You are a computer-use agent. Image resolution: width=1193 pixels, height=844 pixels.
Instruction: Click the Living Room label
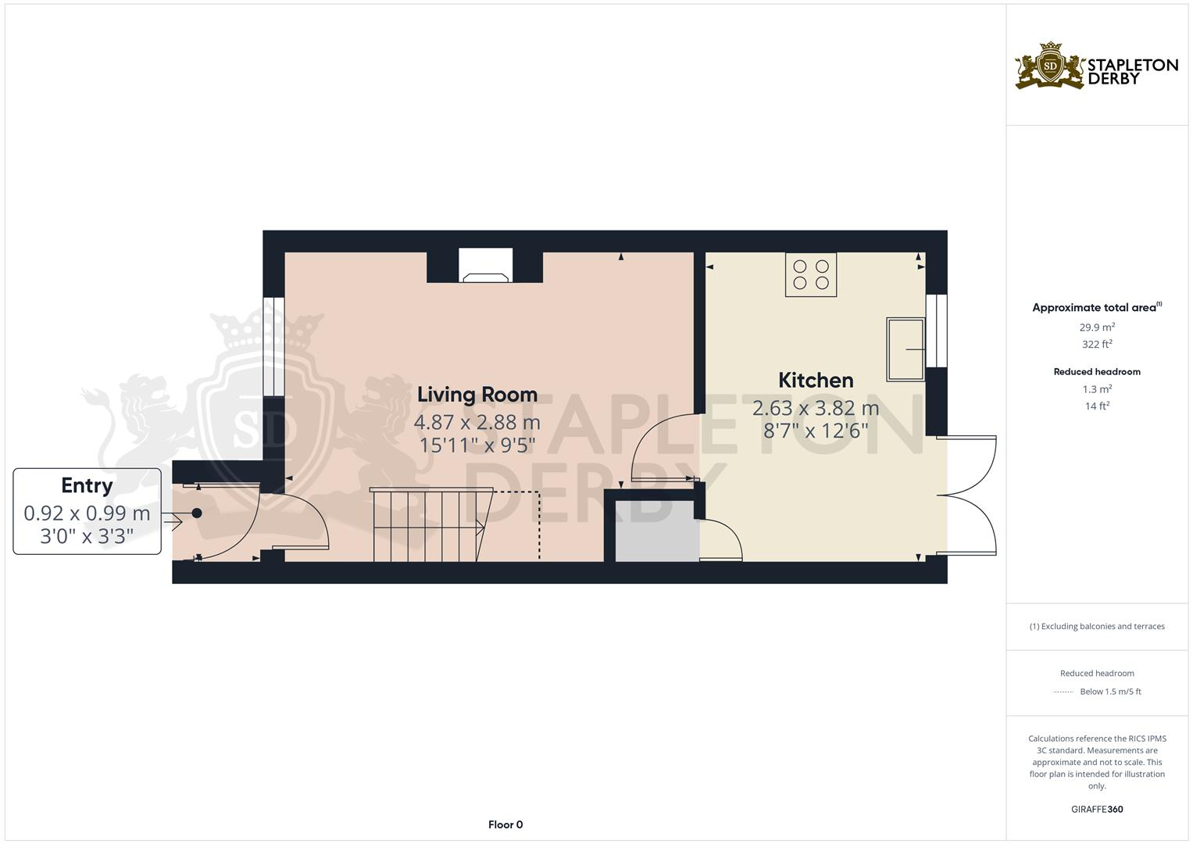point(477,394)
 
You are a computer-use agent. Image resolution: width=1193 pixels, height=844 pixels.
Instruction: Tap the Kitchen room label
point(816,380)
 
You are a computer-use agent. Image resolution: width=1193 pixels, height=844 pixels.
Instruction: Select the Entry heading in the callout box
point(87,485)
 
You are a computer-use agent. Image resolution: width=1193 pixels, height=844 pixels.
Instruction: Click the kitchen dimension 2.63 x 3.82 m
point(816,408)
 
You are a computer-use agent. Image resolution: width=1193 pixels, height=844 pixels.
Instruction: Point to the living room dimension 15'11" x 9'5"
point(477,445)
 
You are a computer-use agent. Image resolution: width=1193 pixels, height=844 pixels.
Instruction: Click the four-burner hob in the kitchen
point(811,274)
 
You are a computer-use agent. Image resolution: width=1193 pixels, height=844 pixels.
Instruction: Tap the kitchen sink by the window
point(905,349)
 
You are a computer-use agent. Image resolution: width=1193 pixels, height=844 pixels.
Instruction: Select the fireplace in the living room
point(485,266)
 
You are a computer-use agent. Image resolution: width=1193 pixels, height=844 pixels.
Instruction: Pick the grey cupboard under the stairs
point(656,531)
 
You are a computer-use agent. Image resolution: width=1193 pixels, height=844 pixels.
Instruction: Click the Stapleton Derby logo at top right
point(1096,66)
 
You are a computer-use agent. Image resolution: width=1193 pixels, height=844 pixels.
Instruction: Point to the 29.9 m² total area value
point(1097,327)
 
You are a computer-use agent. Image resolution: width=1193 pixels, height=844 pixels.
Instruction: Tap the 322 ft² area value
point(1097,345)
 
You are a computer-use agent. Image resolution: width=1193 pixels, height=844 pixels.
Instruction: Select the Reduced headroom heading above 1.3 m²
point(1097,372)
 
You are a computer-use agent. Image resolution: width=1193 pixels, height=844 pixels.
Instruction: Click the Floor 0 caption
point(505,824)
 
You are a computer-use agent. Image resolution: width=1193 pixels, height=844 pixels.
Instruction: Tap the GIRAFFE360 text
point(1097,810)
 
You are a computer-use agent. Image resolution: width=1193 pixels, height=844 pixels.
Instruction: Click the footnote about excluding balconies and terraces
point(1097,626)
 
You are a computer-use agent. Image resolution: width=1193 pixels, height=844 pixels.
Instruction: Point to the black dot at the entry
point(197,513)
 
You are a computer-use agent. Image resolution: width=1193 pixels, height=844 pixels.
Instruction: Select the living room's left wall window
point(273,347)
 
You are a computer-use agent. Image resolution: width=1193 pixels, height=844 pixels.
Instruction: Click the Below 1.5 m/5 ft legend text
point(1109,692)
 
